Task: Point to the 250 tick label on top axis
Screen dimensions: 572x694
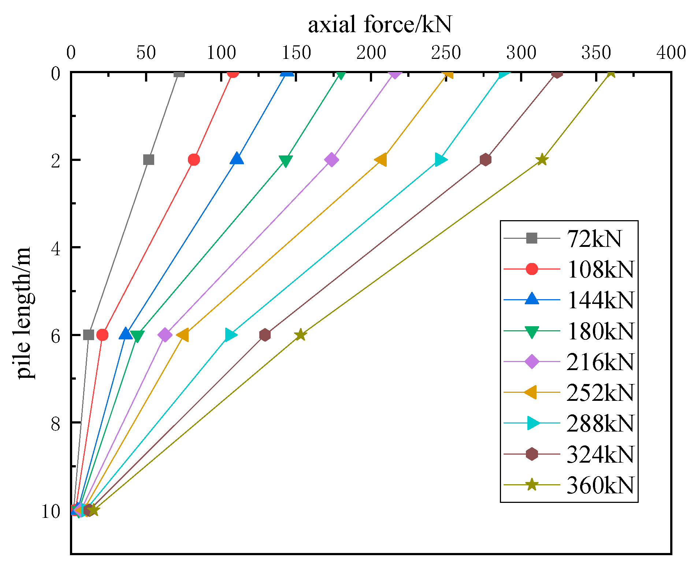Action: coord(446,53)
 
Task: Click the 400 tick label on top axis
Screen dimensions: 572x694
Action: coord(671,53)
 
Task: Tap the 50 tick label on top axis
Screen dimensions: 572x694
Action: coord(146,53)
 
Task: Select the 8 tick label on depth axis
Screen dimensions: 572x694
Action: coord(55,424)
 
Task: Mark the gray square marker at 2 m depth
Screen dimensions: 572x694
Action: coord(149,160)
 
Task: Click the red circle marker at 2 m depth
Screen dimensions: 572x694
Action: coord(194,160)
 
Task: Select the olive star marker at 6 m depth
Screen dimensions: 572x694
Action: coord(300,335)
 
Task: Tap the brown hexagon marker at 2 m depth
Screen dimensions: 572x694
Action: coord(485,160)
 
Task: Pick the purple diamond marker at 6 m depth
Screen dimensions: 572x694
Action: coord(165,335)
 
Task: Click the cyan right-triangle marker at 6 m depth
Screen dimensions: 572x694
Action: coord(230,335)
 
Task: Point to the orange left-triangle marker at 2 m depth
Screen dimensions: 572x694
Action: coord(381,160)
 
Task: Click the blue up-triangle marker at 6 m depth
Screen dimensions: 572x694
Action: coord(126,334)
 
